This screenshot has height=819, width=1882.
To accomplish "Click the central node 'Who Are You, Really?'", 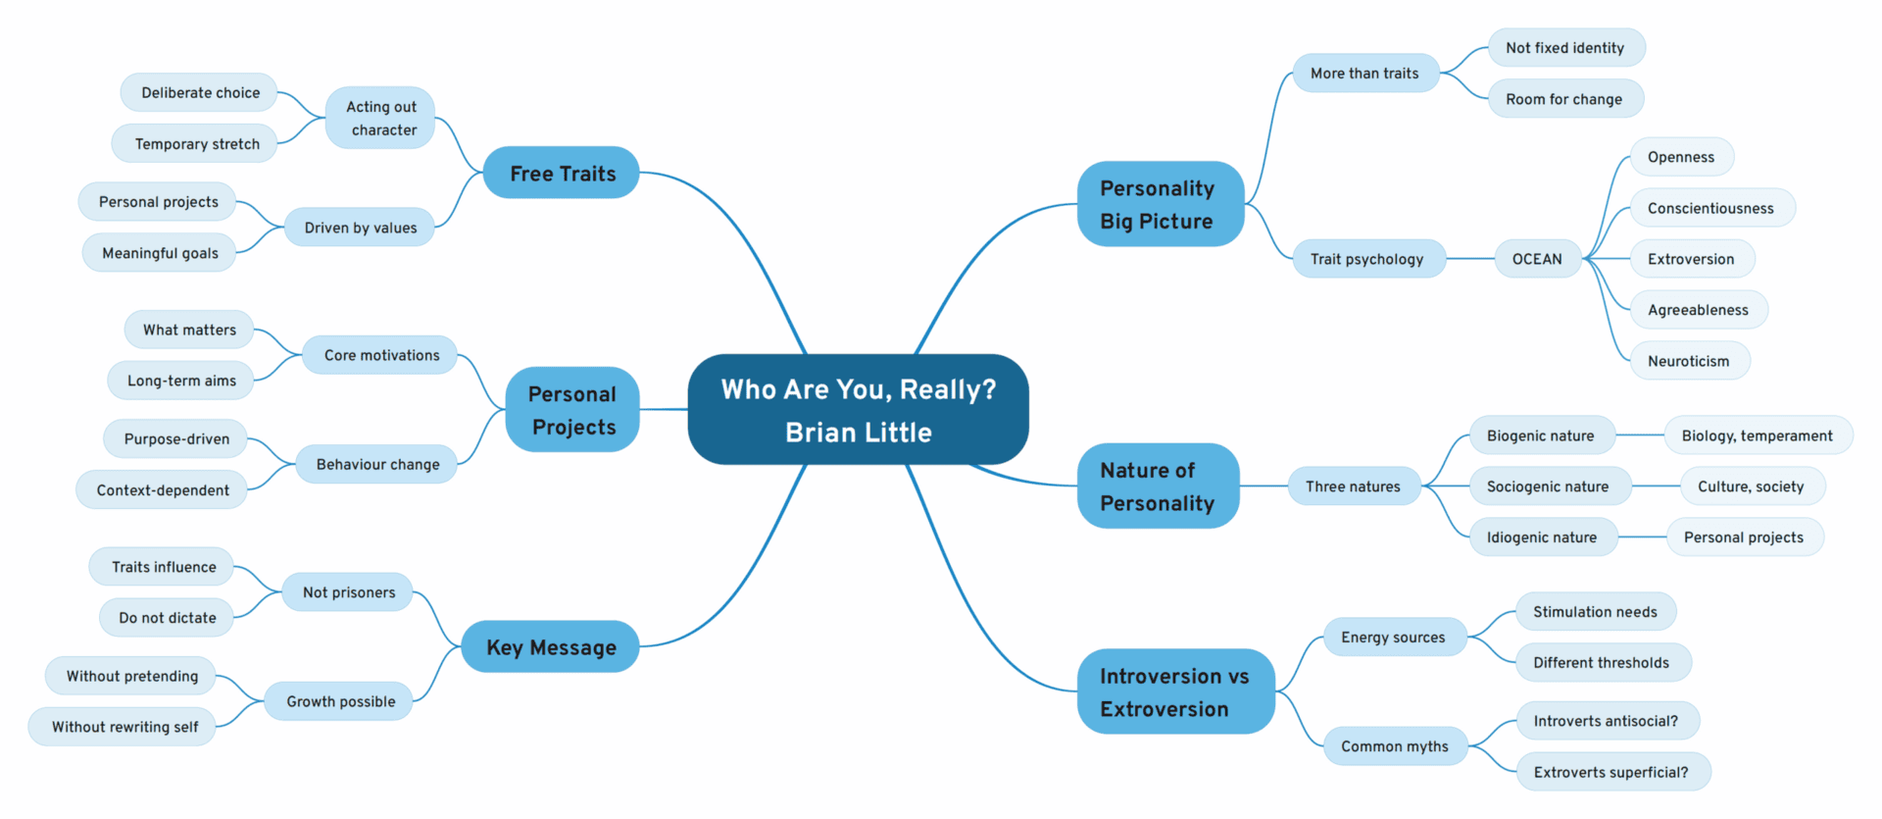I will pos(858,410).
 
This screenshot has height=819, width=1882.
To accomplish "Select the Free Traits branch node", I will pos(562,174).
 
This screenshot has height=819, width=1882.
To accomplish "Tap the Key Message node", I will pos(551,647).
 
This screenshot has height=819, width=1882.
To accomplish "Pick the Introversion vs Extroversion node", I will pos(1174,691).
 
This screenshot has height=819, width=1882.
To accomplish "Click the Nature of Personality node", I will pos(1157,486).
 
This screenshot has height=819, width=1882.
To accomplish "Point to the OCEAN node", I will pos(1536,259).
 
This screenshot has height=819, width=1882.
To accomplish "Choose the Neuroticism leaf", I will pos(1688,361).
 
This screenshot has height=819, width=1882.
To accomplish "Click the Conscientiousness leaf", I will pos(1710,208).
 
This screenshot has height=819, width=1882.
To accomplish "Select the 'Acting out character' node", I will pos(380,118).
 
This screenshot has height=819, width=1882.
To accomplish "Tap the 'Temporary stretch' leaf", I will pos(196,144).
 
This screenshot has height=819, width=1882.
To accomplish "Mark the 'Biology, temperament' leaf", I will pos(1757,435).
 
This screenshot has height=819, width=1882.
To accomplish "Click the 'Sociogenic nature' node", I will pos(1547,486).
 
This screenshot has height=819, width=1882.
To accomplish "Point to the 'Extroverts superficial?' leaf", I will pos(1610,772).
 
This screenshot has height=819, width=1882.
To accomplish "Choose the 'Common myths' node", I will pos(1394,746).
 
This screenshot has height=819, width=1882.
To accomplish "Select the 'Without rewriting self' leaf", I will pos(124,727).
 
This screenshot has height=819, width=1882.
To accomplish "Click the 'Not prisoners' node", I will pos(349,592).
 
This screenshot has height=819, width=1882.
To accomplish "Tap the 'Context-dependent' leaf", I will pos(163,490).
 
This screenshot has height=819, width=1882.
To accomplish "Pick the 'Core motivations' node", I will pos(381,355).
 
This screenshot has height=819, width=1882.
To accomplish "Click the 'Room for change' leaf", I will pos(1563,99).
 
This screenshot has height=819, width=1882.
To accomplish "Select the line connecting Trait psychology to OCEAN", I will pos(1470,259).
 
